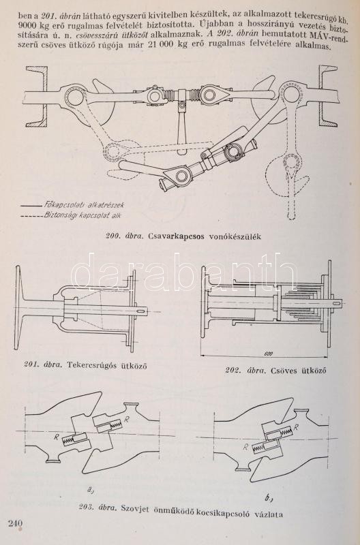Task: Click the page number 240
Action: click(15, 523)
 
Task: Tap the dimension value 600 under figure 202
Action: click(268, 354)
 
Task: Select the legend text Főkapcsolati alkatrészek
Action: click(84, 204)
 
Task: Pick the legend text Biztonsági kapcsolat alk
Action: click(82, 215)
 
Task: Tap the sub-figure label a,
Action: click(90, 490)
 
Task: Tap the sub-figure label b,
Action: click(268, 498)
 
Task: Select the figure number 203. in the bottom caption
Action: click(85, 508)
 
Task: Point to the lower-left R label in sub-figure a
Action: click(56, 437)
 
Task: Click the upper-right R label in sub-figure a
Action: click(127, 420)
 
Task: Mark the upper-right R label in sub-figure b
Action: click(296, 428)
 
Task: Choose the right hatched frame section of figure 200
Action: click(327, 96)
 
